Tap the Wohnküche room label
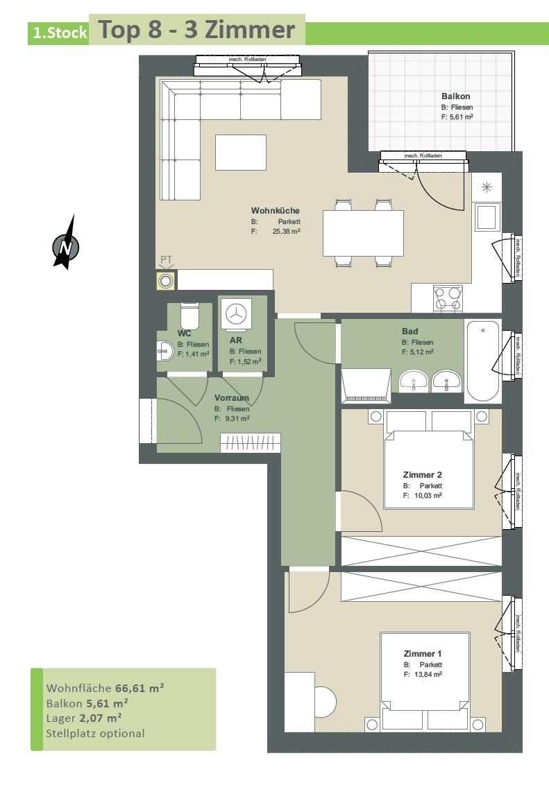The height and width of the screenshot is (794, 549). (x=276, y=210)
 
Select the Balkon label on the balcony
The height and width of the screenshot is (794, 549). (x=456, y=96)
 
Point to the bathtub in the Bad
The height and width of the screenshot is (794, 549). (x=482, y=361)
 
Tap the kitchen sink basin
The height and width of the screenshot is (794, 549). (x=487, y=217)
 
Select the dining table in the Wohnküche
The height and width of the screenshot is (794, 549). (x=363, y=233)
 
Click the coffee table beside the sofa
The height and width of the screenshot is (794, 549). (x=241, y=153)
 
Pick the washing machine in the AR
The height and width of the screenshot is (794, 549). (x=236, y=315)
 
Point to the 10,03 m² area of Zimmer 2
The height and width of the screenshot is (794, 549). (x=428, y=496)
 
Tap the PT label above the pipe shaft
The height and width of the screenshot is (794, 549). (x=167, y=260)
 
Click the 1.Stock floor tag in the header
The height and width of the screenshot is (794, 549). (x=60, y=33)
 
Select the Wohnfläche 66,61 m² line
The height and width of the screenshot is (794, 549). (x=105, y=688)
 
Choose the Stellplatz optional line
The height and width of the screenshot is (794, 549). (x=95, y=733)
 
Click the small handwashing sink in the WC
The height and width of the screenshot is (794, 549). (x=164, y=349)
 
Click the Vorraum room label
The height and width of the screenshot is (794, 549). (x=232, y=398)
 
